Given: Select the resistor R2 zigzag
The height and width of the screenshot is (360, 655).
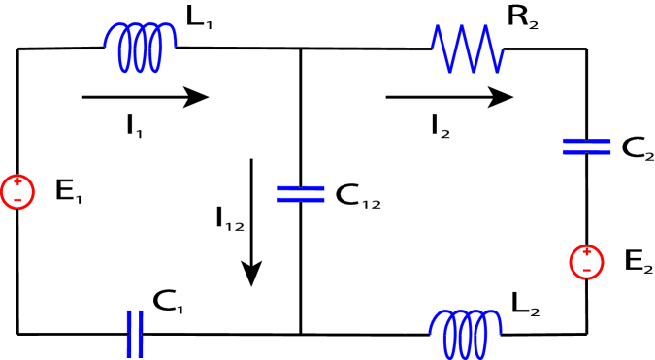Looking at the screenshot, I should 468,49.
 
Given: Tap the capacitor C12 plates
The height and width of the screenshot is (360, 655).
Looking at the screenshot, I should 300,193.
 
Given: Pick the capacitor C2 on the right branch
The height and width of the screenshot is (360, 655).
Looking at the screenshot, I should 586,147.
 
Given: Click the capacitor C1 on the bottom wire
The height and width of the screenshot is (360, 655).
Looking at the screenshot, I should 135,335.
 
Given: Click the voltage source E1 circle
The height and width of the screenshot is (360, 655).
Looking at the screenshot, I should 17,191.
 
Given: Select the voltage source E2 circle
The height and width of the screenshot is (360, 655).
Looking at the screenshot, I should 586,260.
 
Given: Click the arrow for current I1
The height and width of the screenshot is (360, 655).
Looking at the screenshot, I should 145,96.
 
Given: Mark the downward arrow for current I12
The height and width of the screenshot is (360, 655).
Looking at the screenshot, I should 252,222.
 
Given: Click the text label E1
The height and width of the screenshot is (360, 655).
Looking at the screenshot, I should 68,192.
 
